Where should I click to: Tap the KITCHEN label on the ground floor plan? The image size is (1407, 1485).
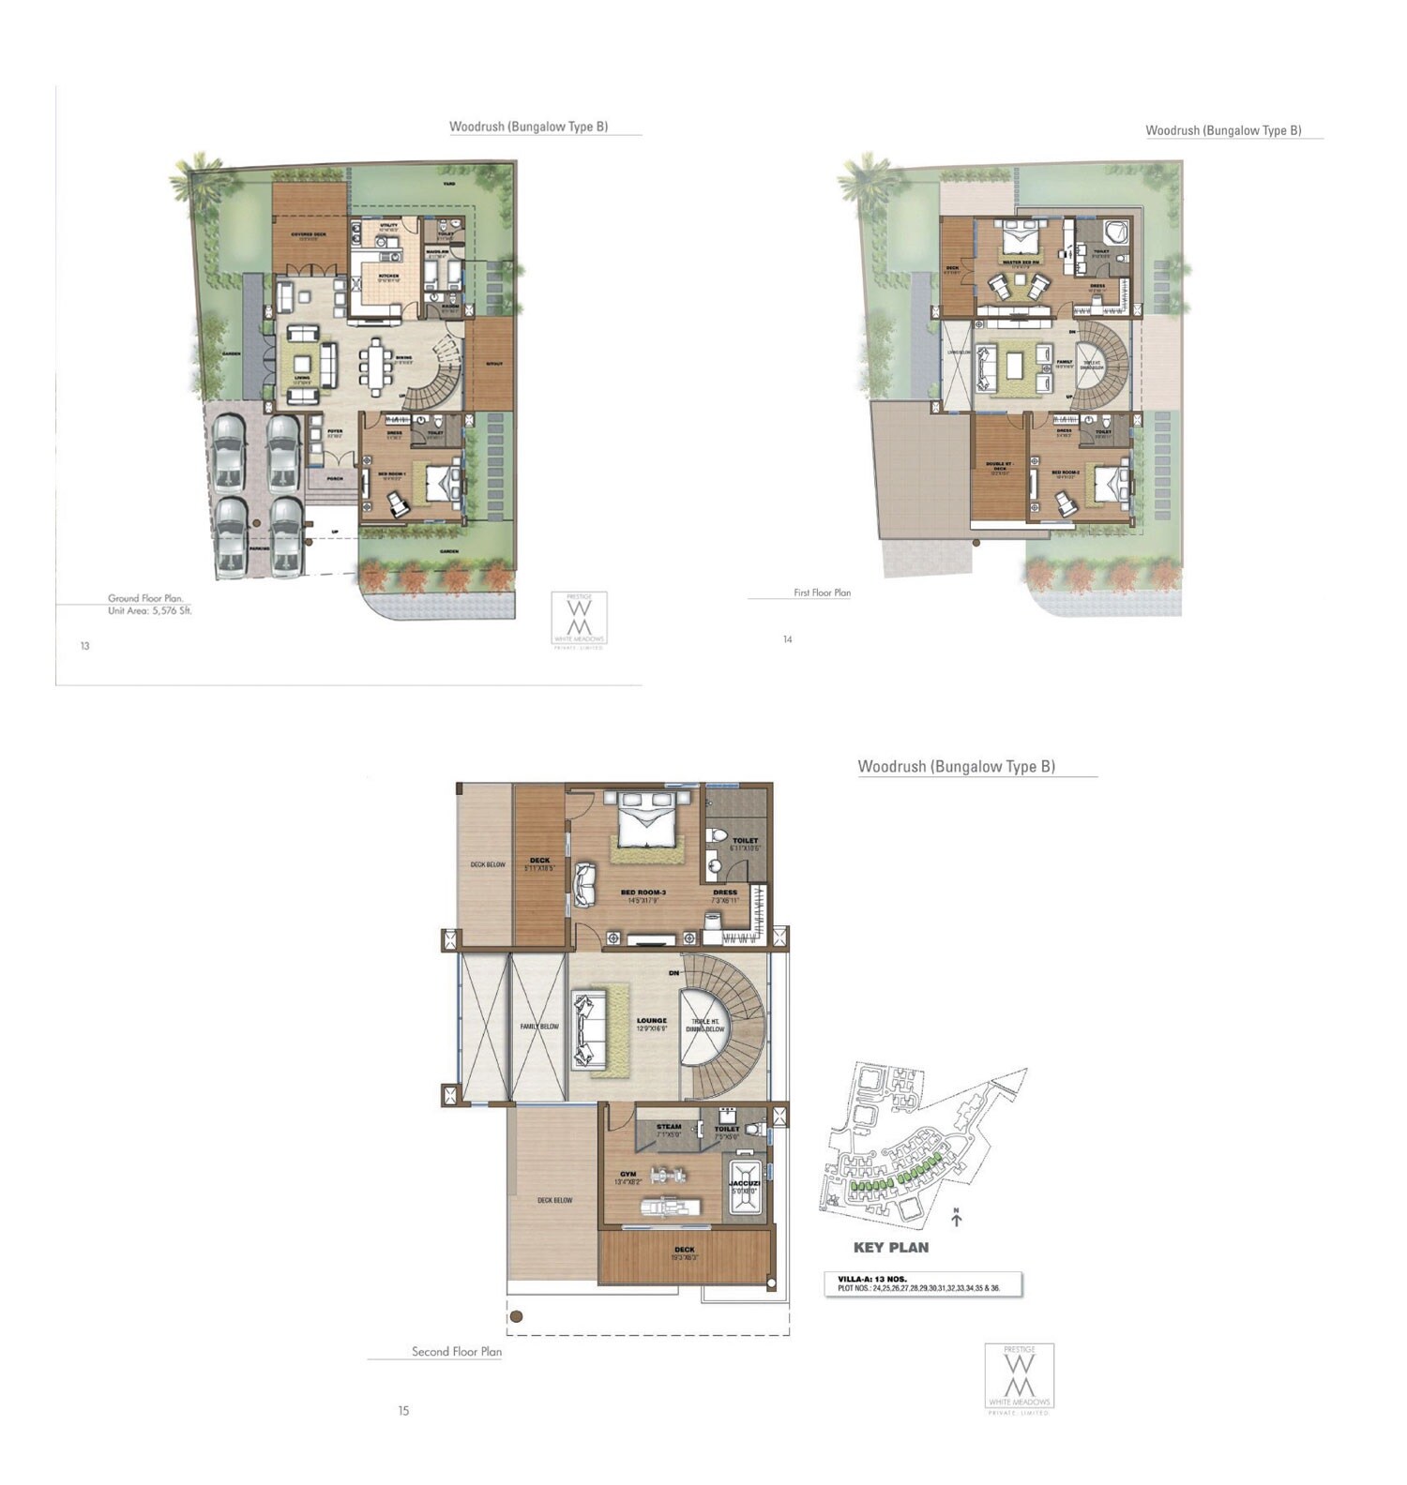coord(388,277)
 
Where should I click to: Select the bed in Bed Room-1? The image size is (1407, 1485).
coord(437,484)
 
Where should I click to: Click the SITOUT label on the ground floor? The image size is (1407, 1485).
coord(494,364)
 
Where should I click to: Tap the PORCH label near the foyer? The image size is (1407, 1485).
coord(334,478)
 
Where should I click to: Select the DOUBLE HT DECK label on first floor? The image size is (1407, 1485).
coord(998,466)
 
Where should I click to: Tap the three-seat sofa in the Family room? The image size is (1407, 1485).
coord(985,368)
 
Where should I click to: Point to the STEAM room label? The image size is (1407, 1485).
coord(669,1127)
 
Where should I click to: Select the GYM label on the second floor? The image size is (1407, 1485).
coord(628,1175)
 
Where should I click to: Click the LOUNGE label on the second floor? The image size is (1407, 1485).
coord(651,1021)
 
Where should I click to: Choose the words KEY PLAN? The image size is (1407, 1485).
coord(891,1248)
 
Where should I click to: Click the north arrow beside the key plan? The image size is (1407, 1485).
coord(957,1218)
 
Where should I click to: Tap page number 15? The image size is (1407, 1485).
coord(403,1411)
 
